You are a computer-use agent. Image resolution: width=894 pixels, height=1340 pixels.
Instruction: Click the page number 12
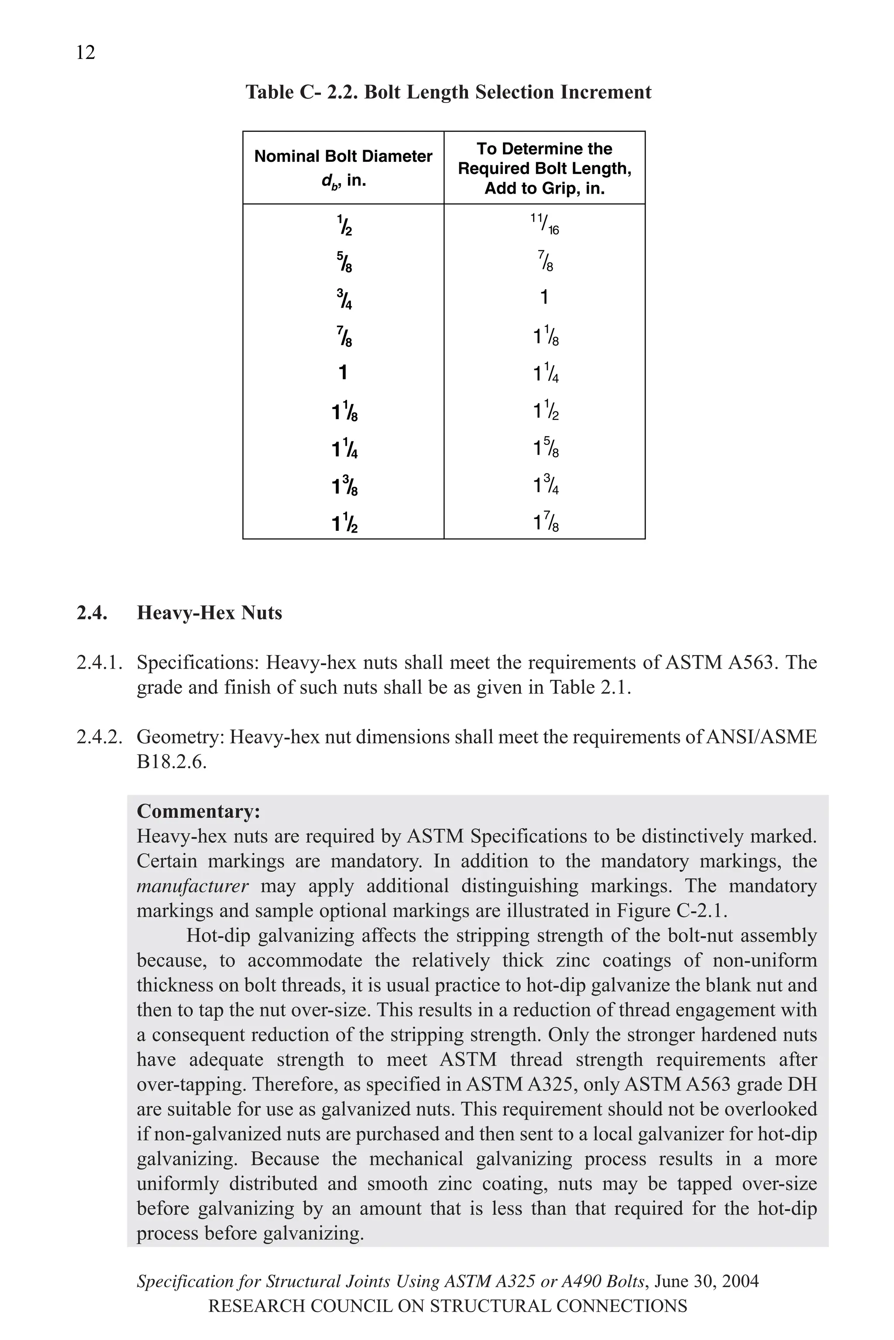(86, 52)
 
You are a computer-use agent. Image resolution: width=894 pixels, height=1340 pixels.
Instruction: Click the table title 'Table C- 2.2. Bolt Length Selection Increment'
(448, 92)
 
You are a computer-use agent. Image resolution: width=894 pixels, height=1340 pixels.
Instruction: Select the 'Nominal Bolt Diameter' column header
(343, 156)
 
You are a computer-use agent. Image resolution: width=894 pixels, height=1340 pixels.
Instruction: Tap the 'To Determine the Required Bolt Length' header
(544, 167)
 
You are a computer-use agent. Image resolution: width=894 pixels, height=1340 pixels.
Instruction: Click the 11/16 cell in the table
(544, 224)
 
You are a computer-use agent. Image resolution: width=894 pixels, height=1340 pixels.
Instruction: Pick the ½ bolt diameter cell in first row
(344, 226)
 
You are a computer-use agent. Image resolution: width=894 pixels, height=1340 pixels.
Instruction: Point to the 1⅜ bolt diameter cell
(344, 486)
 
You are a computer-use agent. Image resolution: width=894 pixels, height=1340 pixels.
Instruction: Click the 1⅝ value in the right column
(546, 448)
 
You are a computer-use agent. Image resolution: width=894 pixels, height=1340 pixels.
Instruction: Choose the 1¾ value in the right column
(546, 485)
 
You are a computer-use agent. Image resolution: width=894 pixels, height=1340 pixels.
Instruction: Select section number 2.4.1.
(100, 663)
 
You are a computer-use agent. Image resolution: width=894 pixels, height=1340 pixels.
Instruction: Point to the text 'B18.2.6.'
(171, 762)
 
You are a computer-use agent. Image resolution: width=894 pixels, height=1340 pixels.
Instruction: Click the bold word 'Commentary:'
(198, 811)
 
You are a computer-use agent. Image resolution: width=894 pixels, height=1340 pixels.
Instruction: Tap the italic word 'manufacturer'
(192, 886)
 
